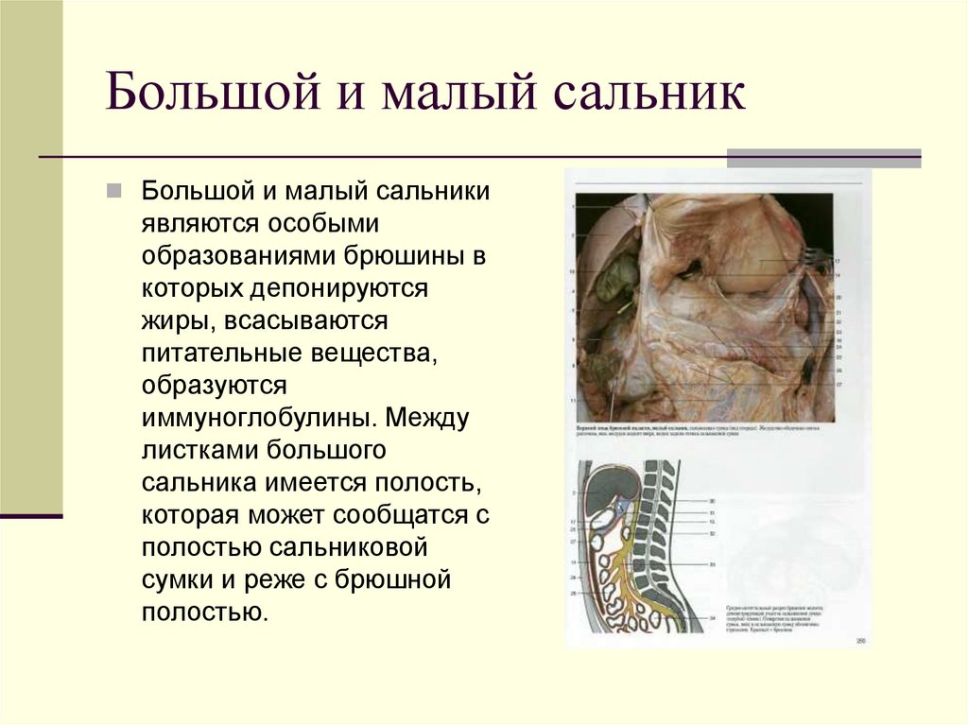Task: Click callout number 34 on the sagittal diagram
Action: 712,618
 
